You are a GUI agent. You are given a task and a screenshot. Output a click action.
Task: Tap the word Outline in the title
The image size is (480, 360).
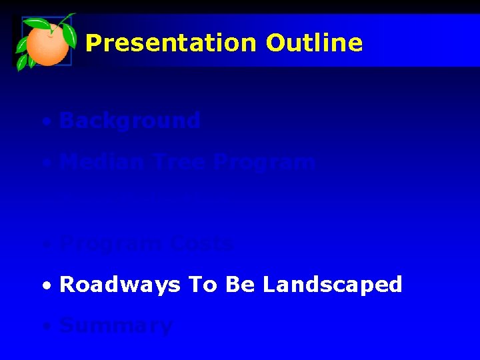[x=314, y=43]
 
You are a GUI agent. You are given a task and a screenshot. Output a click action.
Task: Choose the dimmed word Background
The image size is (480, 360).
[x=129, y=121]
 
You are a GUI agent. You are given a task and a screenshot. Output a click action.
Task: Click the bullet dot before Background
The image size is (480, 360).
[x=45, y=123]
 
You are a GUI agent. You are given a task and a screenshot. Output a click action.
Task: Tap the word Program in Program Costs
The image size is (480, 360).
[x=110, y=244]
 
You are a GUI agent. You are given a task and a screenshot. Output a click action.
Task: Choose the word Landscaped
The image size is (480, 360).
[x=332, y=285]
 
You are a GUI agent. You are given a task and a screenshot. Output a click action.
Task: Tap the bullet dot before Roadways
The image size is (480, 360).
[x=45, y=287]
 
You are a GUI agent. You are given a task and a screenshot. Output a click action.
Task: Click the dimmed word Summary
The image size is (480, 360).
[x=116, y=326]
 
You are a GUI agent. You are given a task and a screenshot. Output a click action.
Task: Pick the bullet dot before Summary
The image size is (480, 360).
[x=45, y=327]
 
